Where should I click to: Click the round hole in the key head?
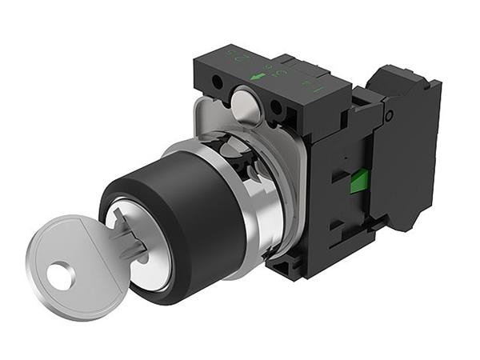tap(61, 277)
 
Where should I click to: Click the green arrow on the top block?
tap(258, 77)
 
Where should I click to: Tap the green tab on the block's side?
tap(359, 181)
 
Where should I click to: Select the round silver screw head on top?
tap(244, 104)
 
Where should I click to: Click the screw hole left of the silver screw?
tap(218, 82)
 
